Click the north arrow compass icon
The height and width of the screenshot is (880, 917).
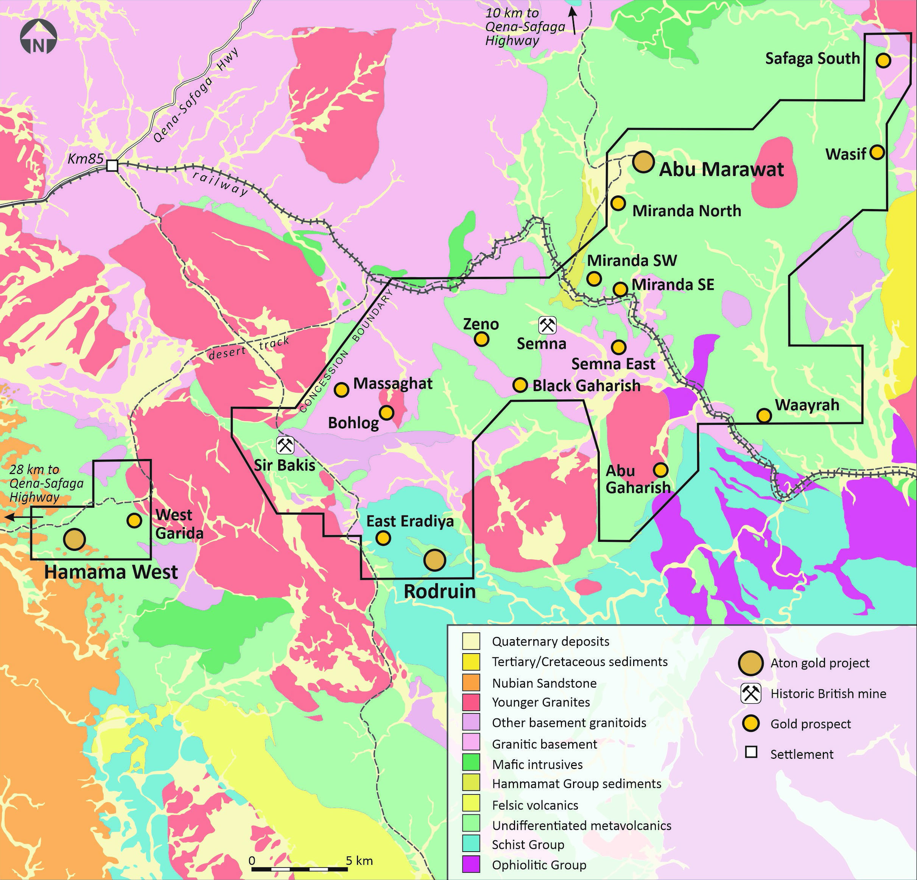point(38,37)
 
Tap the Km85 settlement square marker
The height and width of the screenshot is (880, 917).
point(112,165)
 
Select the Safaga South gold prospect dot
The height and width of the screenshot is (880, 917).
point(883,60)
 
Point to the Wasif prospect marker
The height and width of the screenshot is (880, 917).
point(877,152)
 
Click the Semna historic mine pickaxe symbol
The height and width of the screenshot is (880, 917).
point(547,325)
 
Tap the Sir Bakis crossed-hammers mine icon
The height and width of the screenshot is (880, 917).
point(285,445)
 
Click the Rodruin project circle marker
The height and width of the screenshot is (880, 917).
point(434,560)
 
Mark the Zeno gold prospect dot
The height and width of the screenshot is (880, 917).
point(481,339)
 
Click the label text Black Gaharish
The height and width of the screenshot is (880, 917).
point(586,386)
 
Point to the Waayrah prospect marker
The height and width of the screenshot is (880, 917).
point(764,415)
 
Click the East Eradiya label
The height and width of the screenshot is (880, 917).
point(410,521)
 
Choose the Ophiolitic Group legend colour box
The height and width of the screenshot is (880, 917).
point(471,864)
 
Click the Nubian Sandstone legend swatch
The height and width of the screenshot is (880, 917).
point(471,683)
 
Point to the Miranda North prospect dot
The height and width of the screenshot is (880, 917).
point(618,203)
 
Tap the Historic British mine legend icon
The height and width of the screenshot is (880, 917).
point(751,694)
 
